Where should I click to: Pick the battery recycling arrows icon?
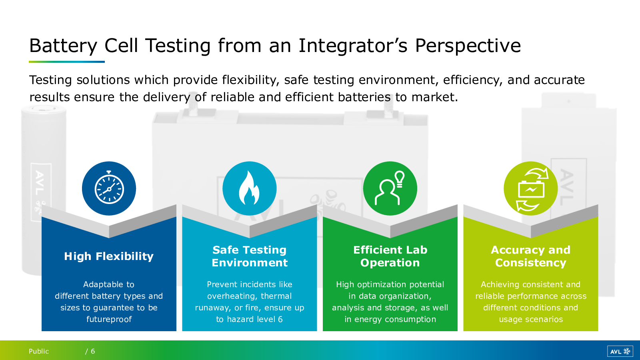point(531,189)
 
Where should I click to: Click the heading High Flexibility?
point(109,256)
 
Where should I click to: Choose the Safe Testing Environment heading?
point(250,256)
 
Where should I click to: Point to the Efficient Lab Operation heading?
point(390,256)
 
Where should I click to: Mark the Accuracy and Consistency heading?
point(530,256)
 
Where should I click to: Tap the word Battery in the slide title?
point(63,46)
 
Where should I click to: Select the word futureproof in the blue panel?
point(109,319)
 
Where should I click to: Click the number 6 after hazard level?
point(280,319)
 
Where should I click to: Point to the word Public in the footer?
point(38,351)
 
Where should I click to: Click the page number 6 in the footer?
point(93,351)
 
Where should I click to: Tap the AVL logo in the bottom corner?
point(620,352)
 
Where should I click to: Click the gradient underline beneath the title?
point(66,62)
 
